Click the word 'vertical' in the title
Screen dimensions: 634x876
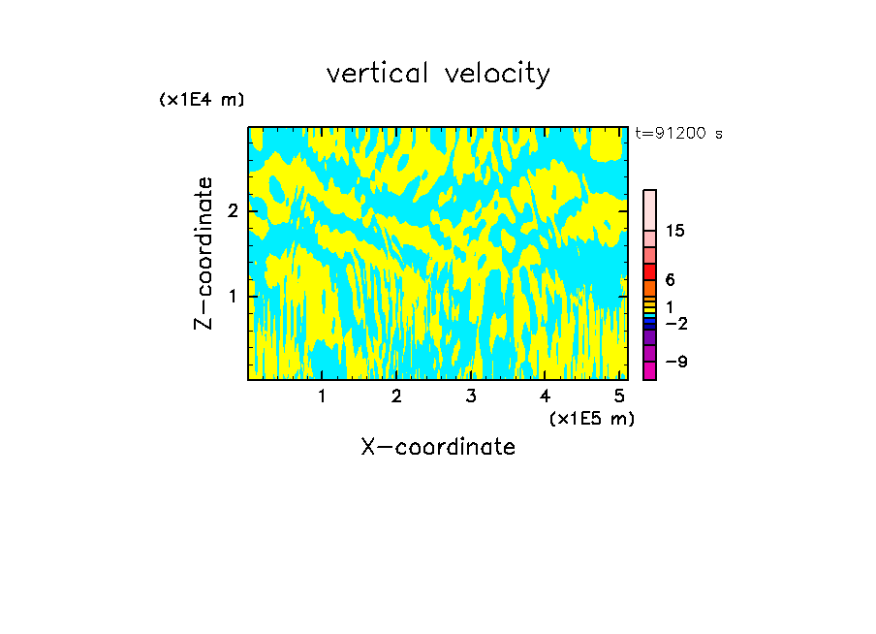click(374, 74)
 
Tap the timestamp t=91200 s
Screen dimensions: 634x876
click(678, 134)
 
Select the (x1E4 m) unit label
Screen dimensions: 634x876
click(202, 100)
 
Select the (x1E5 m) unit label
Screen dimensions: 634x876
click(591, 418)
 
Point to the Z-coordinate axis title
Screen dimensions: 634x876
click(203, 253)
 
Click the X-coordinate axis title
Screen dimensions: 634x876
click(438, 447)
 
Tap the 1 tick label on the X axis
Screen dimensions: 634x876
click(322, 396)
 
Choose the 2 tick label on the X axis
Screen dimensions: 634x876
click(396, 396)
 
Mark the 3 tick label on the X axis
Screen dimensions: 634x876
click(470, 396)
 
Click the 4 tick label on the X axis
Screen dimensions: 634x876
click(545, 396)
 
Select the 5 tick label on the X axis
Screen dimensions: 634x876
click(619, 396)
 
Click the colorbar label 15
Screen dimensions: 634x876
click(675, 231)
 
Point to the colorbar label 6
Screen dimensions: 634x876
click(670, 280)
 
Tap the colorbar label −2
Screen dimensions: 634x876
click(675, 324)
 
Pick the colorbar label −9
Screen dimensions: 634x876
click(675, 362)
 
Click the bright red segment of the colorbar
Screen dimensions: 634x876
click(649, 271)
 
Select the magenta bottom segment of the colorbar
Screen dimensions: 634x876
click(649, 370)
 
